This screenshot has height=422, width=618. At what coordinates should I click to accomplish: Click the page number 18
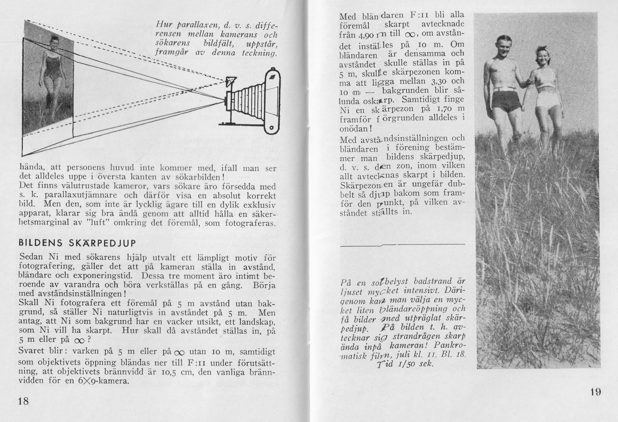pyautogui.click(x=23, y=401)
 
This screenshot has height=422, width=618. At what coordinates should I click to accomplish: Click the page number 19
pyautogui.click(x=595, y=392)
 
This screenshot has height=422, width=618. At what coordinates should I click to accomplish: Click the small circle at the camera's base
pyautogui.click(x=271, y=127)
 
